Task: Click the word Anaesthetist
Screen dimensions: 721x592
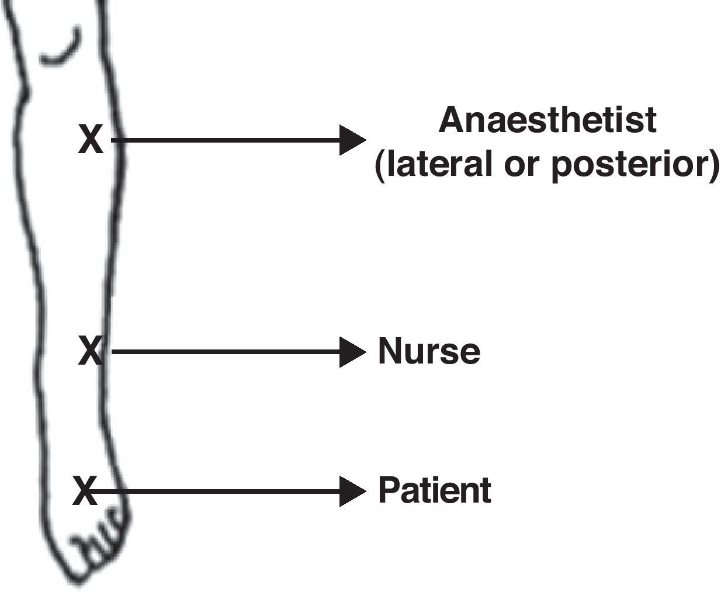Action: [x=547, y=120]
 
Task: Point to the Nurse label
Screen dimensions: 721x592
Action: [x=429, y=351]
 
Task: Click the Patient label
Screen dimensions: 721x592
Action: [x=434, y=490]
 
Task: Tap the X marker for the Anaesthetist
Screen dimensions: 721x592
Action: [x=91, y=140]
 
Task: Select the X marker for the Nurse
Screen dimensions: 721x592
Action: [x=91, y=351]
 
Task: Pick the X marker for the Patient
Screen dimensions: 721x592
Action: [x=85, y=490]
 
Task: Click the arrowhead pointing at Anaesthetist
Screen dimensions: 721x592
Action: [x=352, y=140]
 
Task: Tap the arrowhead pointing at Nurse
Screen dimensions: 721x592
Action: [x=352, y=352]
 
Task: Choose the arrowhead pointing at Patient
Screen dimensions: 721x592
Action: [x=352, y=491]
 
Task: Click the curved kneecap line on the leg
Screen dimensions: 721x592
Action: [x=61, y=50]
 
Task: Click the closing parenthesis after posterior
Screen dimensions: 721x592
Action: [x=713, y=165]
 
